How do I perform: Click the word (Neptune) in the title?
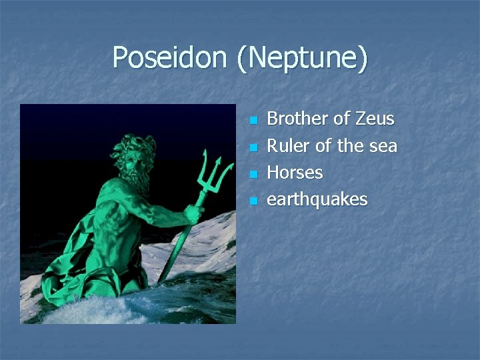[301, 59]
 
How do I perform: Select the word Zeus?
[375, 119]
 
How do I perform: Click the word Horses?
[295, 173]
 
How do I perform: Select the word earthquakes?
[317, 200]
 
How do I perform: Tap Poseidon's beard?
[137, 177]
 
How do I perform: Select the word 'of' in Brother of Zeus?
[341, 119]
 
